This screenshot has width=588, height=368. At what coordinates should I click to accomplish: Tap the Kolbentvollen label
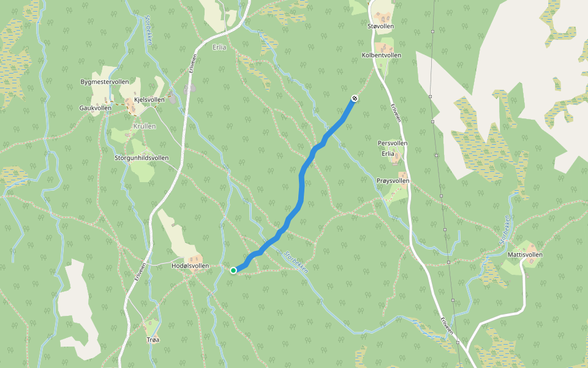pos(382,55)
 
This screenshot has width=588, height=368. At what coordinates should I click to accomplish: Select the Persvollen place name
pos(393,143)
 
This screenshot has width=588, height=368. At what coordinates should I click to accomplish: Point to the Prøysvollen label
pos(393,181)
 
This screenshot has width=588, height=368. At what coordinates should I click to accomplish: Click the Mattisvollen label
pos(525,255)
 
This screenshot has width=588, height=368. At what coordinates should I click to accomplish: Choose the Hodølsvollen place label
pos(190,266)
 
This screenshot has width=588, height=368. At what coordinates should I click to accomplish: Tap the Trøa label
pos(153,339)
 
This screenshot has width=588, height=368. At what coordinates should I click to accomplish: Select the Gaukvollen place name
pos(96,108)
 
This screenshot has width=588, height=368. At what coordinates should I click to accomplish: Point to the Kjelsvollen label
pos(149,99)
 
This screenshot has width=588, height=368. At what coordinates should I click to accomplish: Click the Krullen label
pos(145,126)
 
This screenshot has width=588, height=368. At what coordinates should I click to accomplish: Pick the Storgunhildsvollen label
pos(141,158)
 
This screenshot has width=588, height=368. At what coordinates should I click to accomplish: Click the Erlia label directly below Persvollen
pos(388,153)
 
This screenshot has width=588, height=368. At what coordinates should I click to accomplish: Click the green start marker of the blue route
pos(233,270)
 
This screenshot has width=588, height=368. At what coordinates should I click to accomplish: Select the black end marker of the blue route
pos(355,98)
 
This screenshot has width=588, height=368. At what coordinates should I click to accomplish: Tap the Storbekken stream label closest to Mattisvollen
pos(505,230)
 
